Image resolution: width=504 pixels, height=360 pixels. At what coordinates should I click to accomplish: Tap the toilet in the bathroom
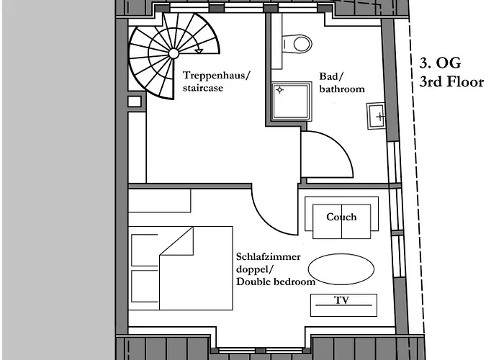[x=296, y=43]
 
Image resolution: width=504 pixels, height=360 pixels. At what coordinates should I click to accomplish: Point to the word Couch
[x=341, y=217]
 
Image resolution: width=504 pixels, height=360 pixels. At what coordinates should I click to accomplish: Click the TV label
[x=343, y=300]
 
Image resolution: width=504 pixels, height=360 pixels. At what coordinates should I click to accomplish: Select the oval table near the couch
[x=342, y=269]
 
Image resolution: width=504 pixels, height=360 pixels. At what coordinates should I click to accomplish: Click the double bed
[x=181, y=267]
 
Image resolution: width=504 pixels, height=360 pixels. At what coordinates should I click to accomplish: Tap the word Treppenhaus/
[x=217, y=75]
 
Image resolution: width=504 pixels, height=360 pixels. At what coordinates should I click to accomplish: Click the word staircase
[x=203, y=89]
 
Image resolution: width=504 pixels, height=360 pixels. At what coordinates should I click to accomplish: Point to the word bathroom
[x=342, y=89]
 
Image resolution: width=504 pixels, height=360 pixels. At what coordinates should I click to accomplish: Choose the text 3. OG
[x=440, y=64]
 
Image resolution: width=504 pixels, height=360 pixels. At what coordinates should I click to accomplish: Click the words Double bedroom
[x=276, y=282]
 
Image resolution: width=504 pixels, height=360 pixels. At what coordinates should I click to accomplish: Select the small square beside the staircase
[x=134, y=102]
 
